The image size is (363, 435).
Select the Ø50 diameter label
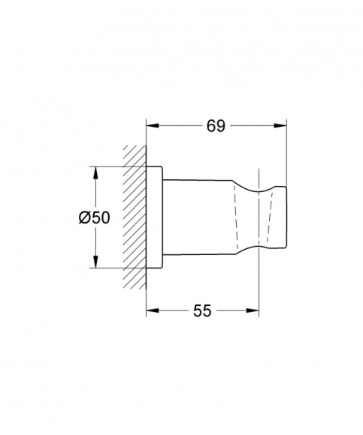[94, 217]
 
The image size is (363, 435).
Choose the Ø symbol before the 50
[84, 217]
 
